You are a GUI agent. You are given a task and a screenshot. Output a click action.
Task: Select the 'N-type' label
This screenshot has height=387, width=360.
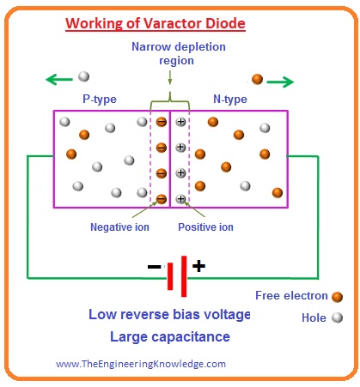coord(229,99)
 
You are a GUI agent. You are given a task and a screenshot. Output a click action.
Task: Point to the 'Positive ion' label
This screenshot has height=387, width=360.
coord(206,227)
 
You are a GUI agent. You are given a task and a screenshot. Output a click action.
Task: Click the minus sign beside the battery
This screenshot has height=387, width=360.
coord(154,267)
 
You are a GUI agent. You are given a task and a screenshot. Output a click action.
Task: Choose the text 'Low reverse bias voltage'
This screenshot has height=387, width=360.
coord(168,314)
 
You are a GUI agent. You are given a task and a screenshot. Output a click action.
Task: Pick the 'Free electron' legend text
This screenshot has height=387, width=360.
coord(291,296)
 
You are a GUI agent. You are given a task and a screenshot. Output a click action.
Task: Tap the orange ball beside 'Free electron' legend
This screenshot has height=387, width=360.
coord(338,296)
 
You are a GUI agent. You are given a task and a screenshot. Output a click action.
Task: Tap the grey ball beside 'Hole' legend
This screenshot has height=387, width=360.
coord(338,317)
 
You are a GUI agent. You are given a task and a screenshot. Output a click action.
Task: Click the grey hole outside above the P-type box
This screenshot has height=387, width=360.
coord(83,77)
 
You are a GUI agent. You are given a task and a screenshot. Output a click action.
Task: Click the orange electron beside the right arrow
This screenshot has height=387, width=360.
coord(256,79)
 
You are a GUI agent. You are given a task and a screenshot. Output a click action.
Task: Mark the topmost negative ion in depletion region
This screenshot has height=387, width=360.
coord(161,122)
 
